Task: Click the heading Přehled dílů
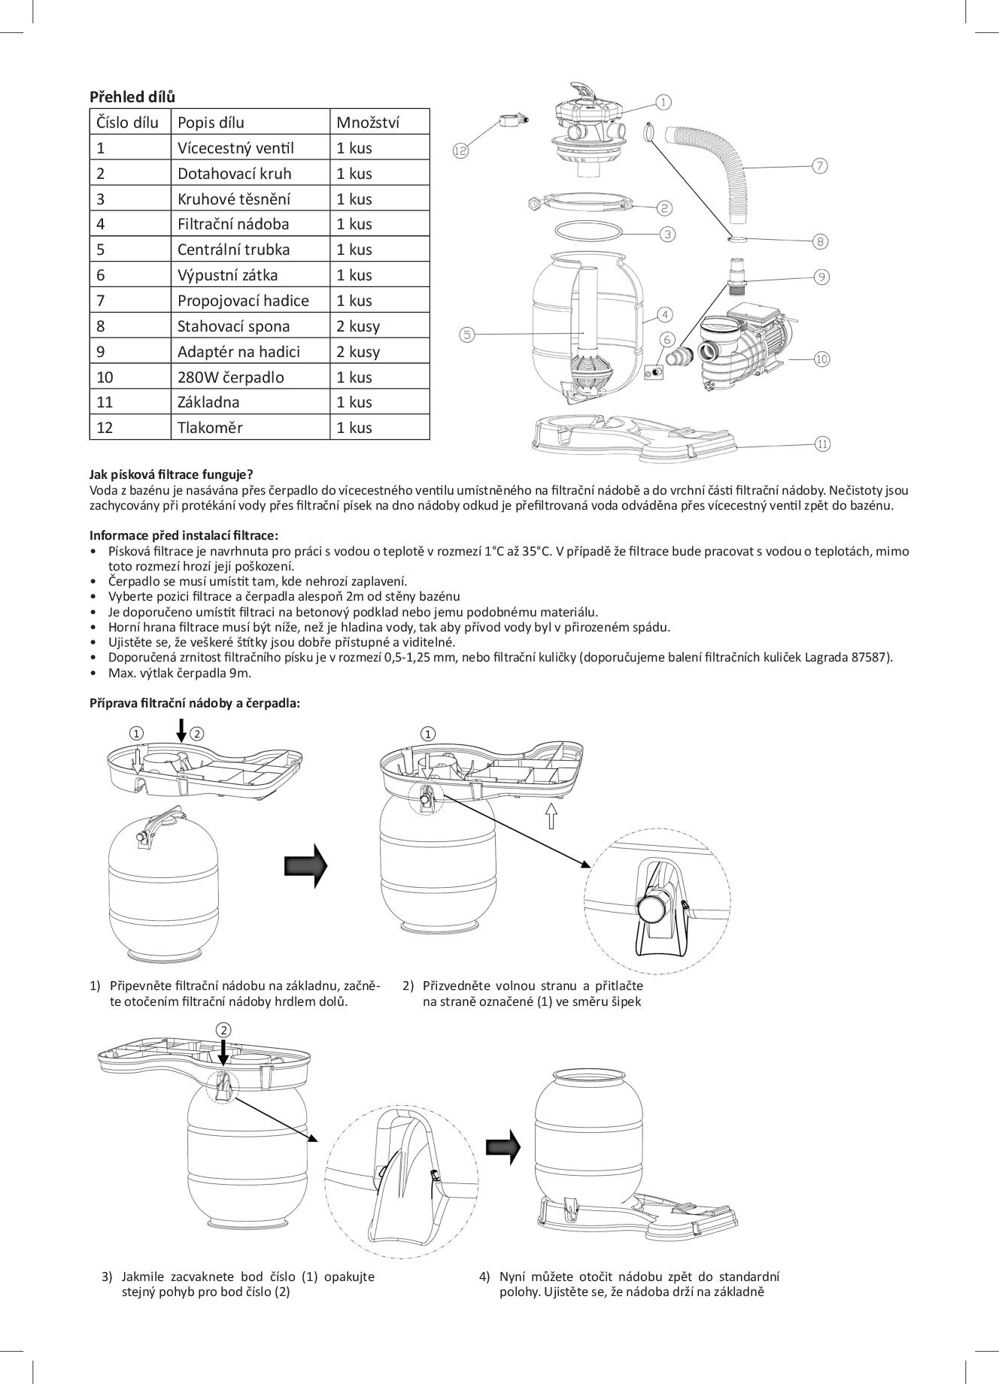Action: point(132,96)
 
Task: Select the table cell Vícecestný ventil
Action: point(235,148)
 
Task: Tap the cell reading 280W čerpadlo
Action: point(230,377)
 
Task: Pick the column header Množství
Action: point(367,123)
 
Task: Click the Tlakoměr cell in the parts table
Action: point(210,428)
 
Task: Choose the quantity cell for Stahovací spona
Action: point(358,326)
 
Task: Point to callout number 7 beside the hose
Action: point(820,166)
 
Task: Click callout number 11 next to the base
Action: point(822,444)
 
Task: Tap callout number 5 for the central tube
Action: point(467,335)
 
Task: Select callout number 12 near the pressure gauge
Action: point(460,150)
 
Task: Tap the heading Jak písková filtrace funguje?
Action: point(172,474)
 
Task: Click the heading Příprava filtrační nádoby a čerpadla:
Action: point(195,703)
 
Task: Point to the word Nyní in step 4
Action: point(515,1276)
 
